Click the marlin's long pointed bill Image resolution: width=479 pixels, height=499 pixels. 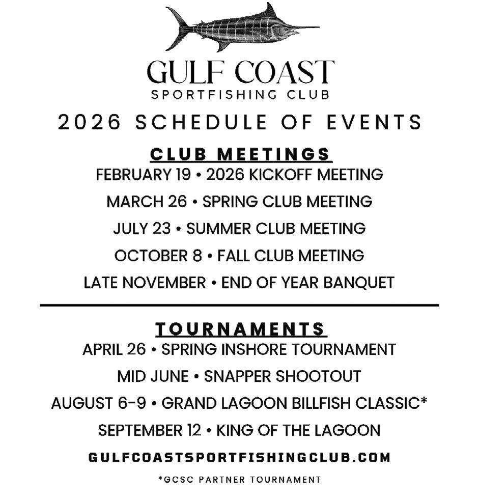(303, 26)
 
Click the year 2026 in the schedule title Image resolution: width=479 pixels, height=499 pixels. (89, 123)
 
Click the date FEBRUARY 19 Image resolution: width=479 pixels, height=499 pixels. (143, 175)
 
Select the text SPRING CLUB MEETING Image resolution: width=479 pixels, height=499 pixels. (288, 202)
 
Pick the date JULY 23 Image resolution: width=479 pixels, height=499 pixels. (142, 228)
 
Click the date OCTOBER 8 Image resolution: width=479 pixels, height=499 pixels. (158, 255)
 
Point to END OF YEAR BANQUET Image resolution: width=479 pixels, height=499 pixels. (308, 282)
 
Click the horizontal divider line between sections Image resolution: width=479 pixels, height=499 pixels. (239, 305)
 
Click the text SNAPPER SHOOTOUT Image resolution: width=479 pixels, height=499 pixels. (283, 377)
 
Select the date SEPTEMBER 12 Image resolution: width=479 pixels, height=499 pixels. (150, 430)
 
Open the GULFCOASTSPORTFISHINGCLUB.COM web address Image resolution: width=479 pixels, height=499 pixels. (239, 457)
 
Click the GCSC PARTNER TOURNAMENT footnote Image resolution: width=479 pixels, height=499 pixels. (239, 480)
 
